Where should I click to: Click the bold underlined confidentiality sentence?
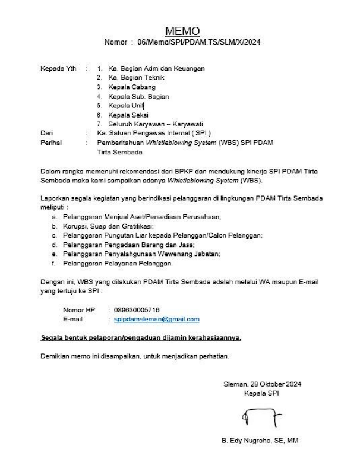coord(141,337)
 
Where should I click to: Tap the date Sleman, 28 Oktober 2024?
coord(262,384)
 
